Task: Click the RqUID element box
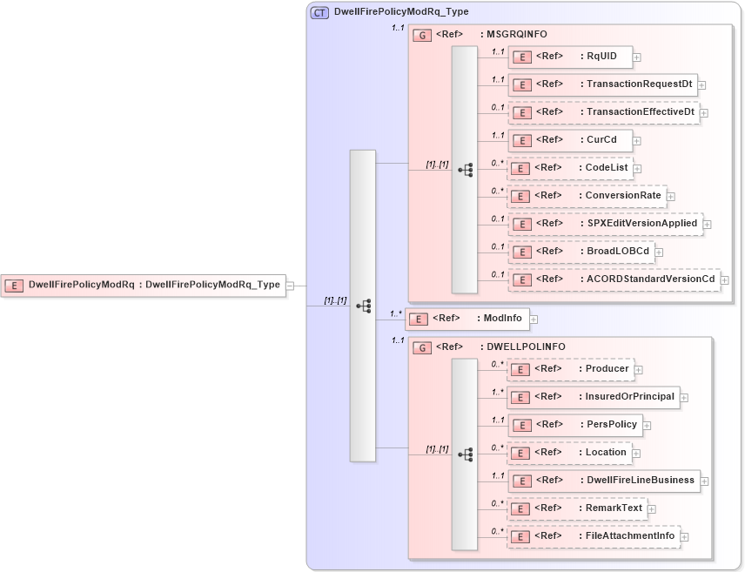(x=570, y=57)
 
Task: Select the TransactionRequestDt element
(x=602, y=84)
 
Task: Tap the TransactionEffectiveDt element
(x=603, y=112)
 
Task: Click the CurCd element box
(x=570, y=140)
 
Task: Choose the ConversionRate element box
(x=587, y=196)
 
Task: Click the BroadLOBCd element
(x=581, y=252)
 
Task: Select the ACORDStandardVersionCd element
(x=614, y=279)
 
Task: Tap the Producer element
(x=570, y=369)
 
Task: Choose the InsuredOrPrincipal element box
(x=593, y=397)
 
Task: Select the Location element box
(x=570, y=453)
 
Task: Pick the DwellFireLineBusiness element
(x=603, y=481)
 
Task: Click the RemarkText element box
(x=577, y=508)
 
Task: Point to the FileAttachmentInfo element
(x=594, y=536)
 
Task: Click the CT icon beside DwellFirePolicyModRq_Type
(x=319, y=13)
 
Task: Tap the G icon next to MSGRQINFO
(x=421, y=36)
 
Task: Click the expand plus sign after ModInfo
(x=534, y=320)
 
